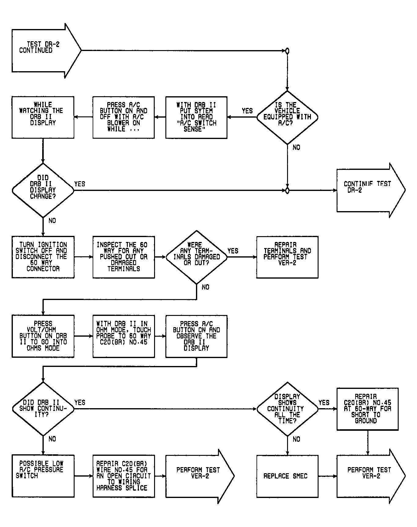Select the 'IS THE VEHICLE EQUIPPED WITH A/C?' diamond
pyautogui.click(x=287, y=117)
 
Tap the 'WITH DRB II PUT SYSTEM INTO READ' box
pyautogui.click(x=196, y=118)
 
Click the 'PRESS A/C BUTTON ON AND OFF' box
pyautogui.click(x=124, y=118)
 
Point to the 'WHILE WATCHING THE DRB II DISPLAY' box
pyautogui.click(x=43, y=118)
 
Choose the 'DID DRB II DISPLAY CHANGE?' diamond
pyautogui.click(x=43, y=190)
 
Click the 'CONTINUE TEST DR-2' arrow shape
pyautogui.click(x=371, y=190)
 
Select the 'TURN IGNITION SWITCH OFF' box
pyautogui.click(x=43, y=257)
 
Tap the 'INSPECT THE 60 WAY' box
pyautogui.click(x=124, y=257)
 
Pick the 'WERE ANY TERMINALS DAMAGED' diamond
pyautogui.click(x=197, y=257)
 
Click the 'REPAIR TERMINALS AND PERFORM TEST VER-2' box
pyautogui.click(x=287, y=257)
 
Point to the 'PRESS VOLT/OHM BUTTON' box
pyautogui.click(x=43, y=336)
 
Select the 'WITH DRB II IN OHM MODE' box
pyautogui.click(x=124, y=336)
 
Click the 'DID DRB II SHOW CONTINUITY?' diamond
pyautogui.click(x=43, y=409)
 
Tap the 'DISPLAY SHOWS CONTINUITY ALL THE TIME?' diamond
pyautogui.click(x=287, y=409)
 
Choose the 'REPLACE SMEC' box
pyautogui.click(x=287, y=476)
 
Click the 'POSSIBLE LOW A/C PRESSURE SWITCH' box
pyautogui.click(x=43, y=476)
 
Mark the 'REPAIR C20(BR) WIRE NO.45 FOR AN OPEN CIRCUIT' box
pyautogui.click(x=124, y=476)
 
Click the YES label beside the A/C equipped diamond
pyautogui.click(x=247, y=111)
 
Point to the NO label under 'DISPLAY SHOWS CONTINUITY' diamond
pyautogui.click(x=296, y=439)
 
